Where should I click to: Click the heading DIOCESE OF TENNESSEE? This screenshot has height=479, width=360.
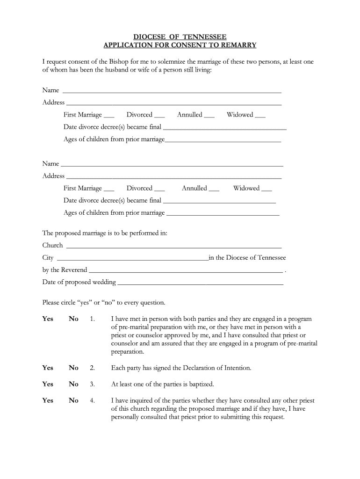tap(180, 37)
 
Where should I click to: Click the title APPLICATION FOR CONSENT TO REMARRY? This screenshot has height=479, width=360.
tap(180, 45)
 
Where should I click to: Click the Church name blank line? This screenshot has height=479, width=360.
tap(173, 246)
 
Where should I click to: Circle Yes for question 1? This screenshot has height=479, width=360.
tap(48, 319)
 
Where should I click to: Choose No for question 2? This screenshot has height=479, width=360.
tap(73, 368)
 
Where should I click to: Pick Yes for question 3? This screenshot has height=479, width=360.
tap(48, 385)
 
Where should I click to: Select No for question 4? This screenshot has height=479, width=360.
tap(73, 401)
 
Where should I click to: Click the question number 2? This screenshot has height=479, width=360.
tap(92, 368)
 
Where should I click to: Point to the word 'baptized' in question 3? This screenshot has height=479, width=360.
tap(200, 385)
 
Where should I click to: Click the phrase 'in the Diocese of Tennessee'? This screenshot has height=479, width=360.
tap(247, 258)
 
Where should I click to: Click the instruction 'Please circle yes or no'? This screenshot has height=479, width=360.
tap(103, 303)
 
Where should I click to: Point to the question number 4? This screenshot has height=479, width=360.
tap(92, 401)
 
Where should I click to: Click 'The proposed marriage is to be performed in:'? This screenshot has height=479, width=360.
tap(105, 233)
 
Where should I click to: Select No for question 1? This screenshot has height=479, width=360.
tap(73, 319)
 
